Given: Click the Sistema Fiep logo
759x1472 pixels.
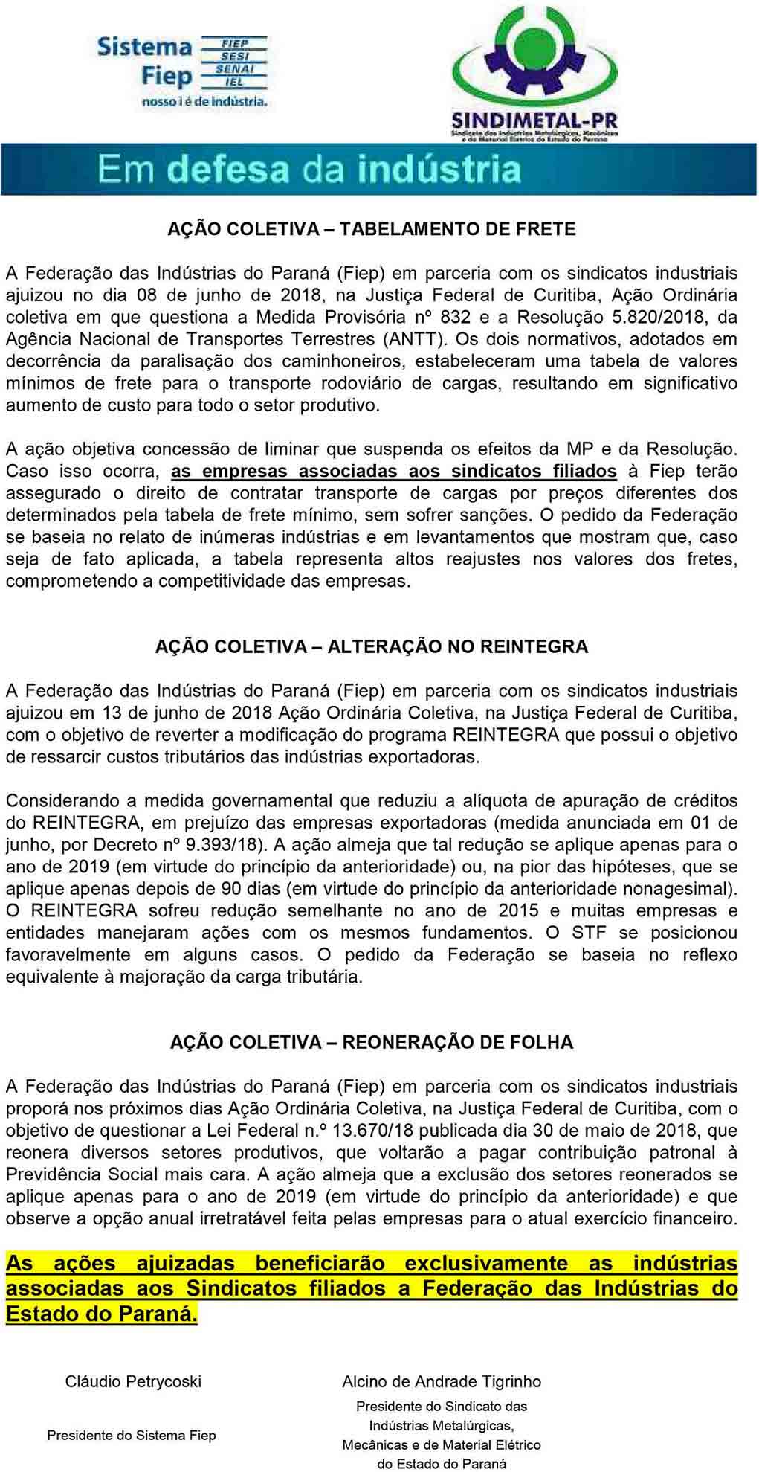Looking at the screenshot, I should (x=181, y=71).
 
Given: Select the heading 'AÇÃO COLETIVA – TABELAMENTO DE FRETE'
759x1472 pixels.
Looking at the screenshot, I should (x=372, y=229).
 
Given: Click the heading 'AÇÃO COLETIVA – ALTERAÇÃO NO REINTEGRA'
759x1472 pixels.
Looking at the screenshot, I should (x=372, y=646).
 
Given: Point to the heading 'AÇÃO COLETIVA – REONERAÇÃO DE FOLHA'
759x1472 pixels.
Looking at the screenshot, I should (x=372, y=1042).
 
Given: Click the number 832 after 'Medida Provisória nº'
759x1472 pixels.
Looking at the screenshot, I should (x=455, y=317).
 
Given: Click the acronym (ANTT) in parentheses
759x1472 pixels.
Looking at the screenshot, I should (x=416, y=339).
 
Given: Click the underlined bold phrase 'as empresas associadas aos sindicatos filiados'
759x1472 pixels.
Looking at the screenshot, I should (x=393, y=471).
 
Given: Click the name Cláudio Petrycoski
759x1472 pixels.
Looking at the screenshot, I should (x=133, y=1381).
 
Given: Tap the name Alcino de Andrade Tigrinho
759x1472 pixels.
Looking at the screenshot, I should (x=442, y=1381).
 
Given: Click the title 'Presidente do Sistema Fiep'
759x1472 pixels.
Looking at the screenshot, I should (x=132, y=1436).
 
